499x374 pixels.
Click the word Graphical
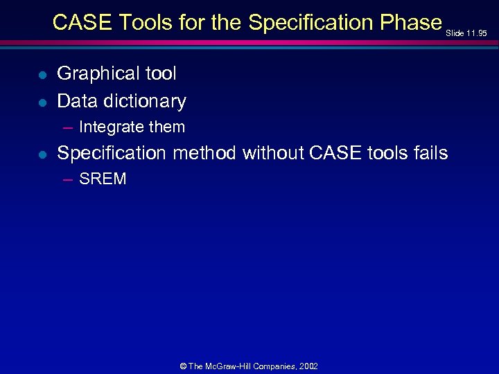(96, 73)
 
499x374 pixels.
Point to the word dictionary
(144, 101)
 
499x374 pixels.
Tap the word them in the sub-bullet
(168, 127)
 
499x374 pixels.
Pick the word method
(206, 153)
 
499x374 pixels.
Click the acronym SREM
(103, 179)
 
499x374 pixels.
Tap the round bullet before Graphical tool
(42, 75)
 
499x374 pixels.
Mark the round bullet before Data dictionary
(42, 103)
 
